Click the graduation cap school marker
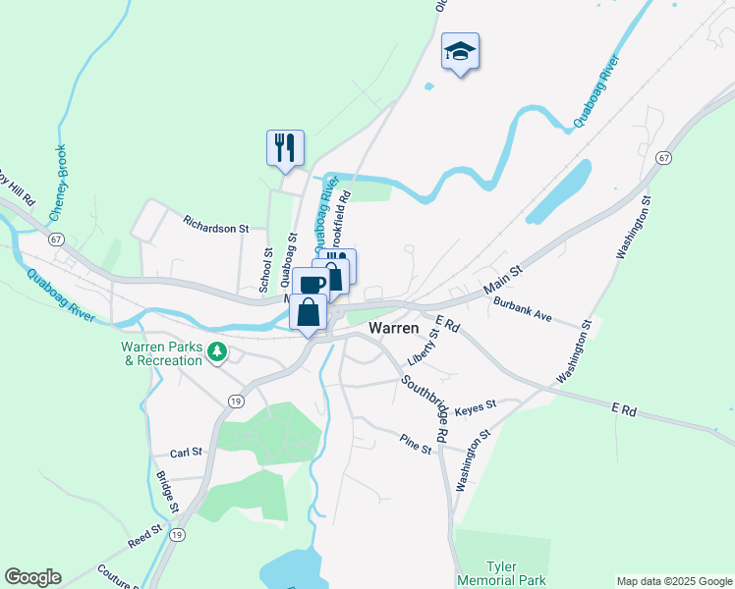point(460,51)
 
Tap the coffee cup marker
point(311,285)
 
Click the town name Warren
point(394,328)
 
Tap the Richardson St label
point(216,228)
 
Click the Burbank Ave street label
point(524,310)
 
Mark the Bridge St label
point(165,493)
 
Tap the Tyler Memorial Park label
point(501,573)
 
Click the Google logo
point(32,577)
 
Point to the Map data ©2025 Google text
point(673,580)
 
